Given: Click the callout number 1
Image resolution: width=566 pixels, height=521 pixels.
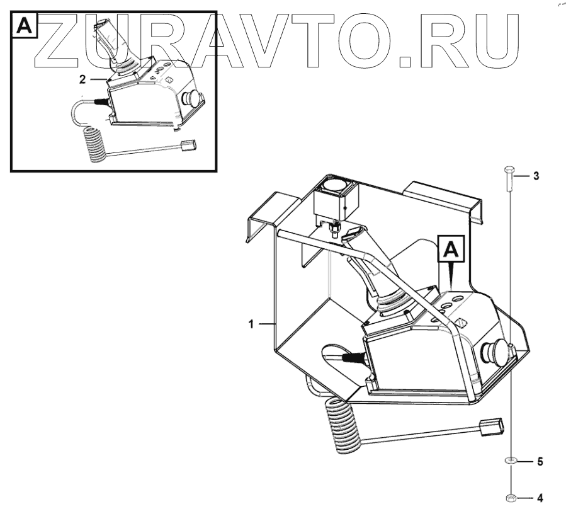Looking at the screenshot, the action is (x=251, y=324).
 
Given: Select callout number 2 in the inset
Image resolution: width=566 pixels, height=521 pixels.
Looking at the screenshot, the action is (x=82, y=79).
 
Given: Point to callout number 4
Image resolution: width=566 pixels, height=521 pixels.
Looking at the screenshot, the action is (x=539, y=498).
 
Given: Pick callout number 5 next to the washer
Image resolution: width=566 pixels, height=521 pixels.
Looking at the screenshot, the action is (x=539, y=462).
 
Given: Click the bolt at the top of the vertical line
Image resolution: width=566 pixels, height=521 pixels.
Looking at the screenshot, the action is (x=511, y=180).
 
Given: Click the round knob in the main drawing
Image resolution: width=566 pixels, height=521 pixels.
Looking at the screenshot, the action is (x=492, y=352).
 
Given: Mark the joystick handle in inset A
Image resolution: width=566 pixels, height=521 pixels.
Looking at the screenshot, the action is (x=106, y=44).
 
